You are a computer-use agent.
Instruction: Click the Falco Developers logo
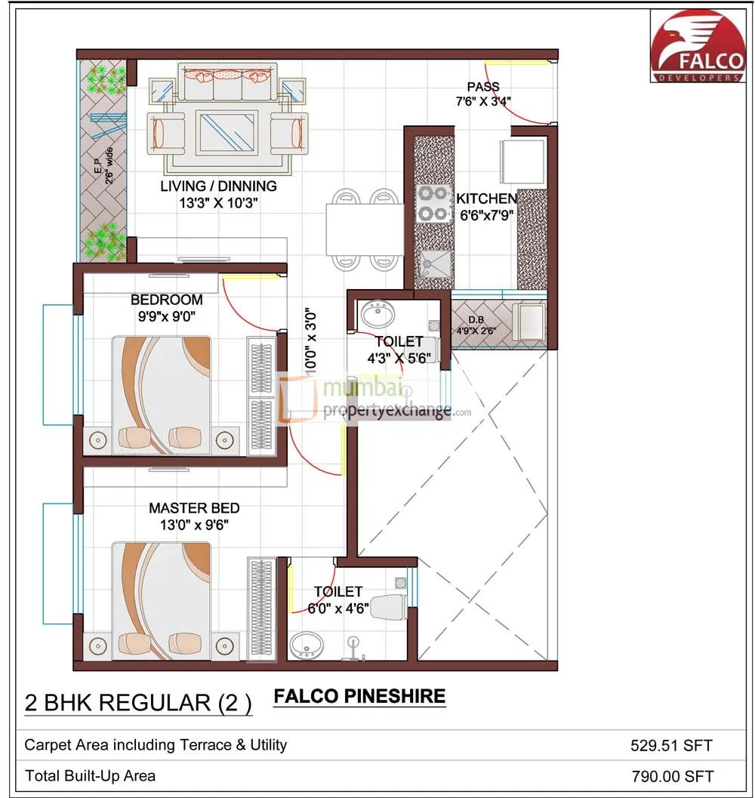pyautogui.click(x=698, y=46)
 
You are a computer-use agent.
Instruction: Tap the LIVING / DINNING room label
pyautogui.click(x=218, y=186)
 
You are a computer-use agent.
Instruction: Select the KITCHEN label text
pyautogui.click(x=486, y=199)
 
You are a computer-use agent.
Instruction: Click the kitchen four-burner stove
pyautogui.click(x=434, y=204)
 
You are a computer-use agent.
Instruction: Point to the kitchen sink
pyautogui.click(x=436, y=265)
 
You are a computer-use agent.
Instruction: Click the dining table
pyautogui.click(x=365, y=229)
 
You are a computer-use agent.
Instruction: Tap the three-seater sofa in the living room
pyautogui.click(x=227, y=82)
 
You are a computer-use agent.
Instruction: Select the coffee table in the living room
pyautogui.click(x=227, y=132)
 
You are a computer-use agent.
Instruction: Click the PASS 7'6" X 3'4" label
pyautogui.click(x=483, y=94)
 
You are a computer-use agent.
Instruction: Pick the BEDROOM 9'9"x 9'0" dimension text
pyautogui.click(x=166, y=308)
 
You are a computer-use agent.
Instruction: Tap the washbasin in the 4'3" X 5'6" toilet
pyautogui.click(x=377, y=314)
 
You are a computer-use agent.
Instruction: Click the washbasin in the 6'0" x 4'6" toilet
pyautogui.click(x=307, y=645)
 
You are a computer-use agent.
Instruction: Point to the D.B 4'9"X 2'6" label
pyautogui.click(x=476, y=325)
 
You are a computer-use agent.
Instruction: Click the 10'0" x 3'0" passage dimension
pyautogui.click(x=310, y=340)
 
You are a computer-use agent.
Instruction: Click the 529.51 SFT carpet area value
pyautogui.click(x=671, y=746)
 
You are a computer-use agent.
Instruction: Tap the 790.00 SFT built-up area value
pyautogui.click(x=673, y=776)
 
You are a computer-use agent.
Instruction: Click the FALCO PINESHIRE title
pyautogui.click(x=359, y=696)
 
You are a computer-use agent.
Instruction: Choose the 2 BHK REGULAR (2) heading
pyautogui.click(x=138, y=704)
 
